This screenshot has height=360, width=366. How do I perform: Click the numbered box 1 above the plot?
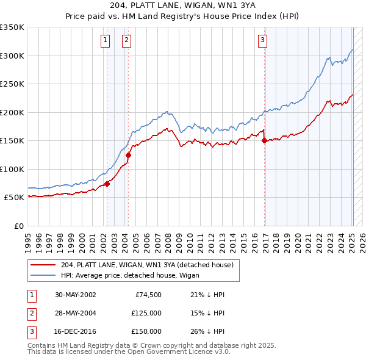(106, 41)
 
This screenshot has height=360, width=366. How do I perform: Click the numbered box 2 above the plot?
(126, 41)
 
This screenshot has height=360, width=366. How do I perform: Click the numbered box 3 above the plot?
(262, 41)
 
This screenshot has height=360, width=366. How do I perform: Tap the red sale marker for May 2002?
(107, 183)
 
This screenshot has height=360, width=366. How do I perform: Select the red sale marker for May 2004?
(129, 155)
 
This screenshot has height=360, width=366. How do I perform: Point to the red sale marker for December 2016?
(264, 140)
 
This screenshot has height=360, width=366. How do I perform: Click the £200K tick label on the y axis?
(12, 112)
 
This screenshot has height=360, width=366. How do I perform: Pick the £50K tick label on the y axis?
(14, 198)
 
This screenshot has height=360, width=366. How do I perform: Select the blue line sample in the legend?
(44, 275)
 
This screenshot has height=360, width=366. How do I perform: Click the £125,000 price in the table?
(147, 313)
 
